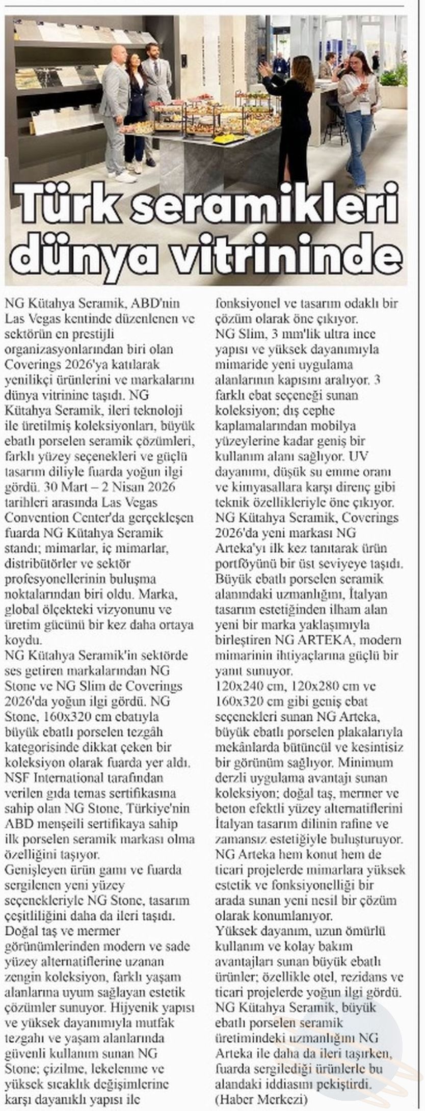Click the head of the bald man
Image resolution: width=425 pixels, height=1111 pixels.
coord(118,47)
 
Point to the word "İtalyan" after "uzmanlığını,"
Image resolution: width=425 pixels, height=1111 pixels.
coord(365,594)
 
